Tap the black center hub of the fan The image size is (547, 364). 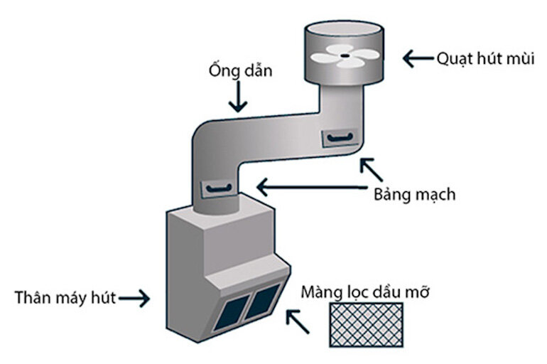tap(345, 53)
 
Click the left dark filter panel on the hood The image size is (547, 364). tap(230, 314)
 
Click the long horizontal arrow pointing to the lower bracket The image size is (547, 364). tap(313, 188)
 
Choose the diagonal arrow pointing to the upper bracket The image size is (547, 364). tap(371, 169)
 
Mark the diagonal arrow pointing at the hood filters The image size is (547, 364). tap(298, 321)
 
